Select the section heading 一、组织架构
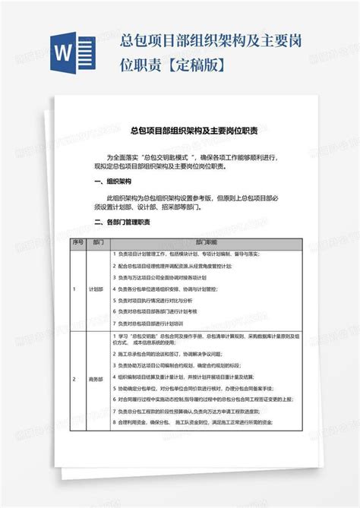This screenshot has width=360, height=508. tap(113, 182)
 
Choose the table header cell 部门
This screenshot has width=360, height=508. tap(96, 241)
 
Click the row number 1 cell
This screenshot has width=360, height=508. tap(74, 289)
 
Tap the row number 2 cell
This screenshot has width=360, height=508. tap(74, 378)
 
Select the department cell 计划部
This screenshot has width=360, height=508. tap(96, 289)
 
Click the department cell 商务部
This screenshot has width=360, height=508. tap(96, 378)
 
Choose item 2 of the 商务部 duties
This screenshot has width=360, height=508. tap(175, 354)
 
